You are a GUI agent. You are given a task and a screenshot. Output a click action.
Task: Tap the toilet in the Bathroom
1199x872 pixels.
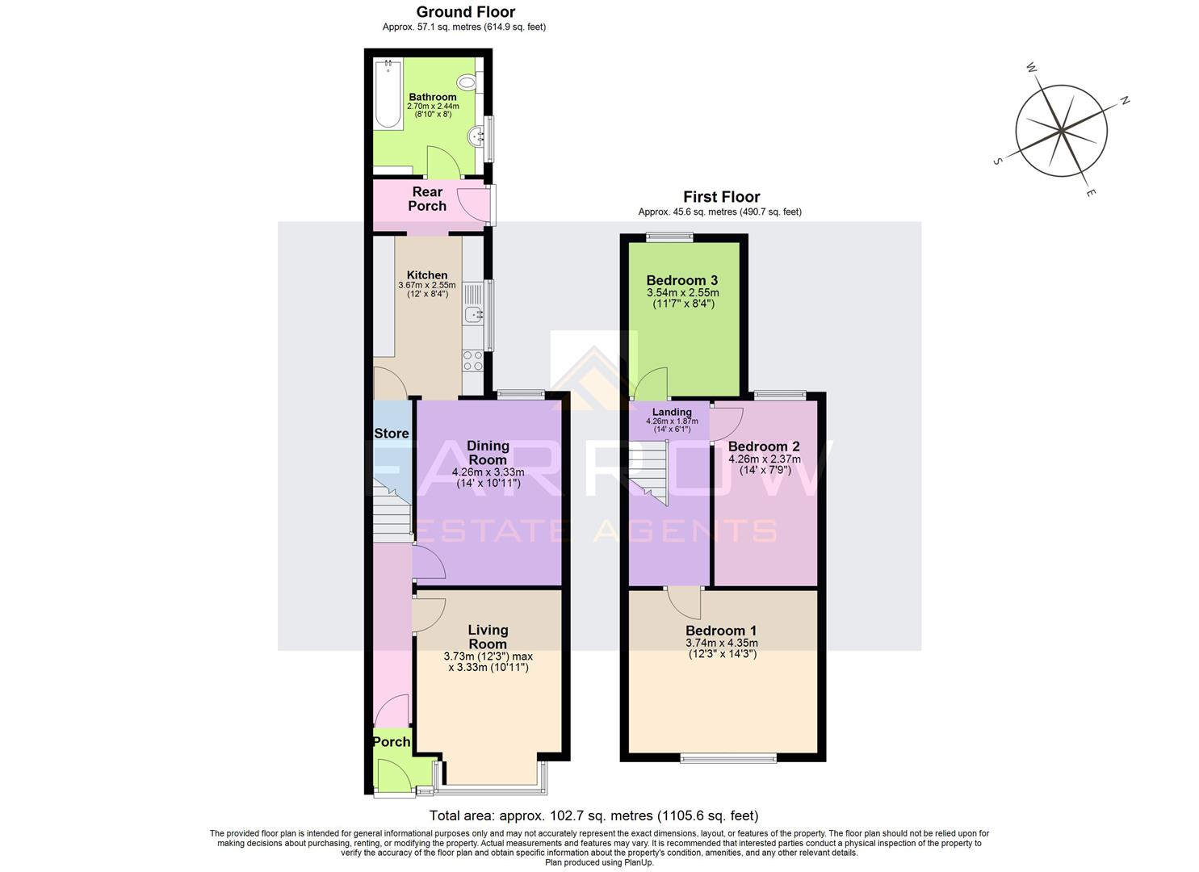pos(467,82)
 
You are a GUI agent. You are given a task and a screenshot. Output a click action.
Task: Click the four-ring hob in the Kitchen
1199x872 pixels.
pos(472,361)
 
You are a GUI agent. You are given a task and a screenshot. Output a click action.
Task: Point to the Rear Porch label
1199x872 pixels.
pos(427,199)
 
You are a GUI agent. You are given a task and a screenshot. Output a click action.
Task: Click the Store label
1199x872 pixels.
pos(392,434)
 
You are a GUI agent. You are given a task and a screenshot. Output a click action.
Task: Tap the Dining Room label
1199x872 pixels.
pos(488,452)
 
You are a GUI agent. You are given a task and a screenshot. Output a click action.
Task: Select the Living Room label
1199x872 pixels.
pos(488,636)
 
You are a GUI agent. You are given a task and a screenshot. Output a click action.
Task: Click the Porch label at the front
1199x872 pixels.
pos(392,742)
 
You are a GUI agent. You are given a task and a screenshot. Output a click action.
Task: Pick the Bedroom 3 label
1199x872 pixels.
pos(682,281)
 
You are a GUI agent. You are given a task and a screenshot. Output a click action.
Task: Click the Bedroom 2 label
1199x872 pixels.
pos(764,446)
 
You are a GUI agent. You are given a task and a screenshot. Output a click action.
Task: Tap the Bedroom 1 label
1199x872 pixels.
pos(721,631)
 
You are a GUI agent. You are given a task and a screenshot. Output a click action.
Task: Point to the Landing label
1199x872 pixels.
pos(672,412)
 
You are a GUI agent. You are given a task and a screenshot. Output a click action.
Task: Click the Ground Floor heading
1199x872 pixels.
pos(465,12)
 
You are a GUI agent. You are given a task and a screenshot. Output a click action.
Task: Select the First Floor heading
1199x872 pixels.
pos(721,197)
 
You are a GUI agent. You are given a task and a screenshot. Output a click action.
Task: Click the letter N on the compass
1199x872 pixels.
pos(1124,101)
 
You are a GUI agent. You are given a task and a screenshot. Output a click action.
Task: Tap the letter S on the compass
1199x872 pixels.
pos(997,161)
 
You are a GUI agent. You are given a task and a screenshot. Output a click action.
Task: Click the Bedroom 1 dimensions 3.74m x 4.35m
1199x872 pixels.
pos(721,644)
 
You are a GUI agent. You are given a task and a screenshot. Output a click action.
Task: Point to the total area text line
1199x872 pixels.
pos(593,815)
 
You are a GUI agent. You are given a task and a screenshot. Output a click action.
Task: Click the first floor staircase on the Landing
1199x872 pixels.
pos(652,472)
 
